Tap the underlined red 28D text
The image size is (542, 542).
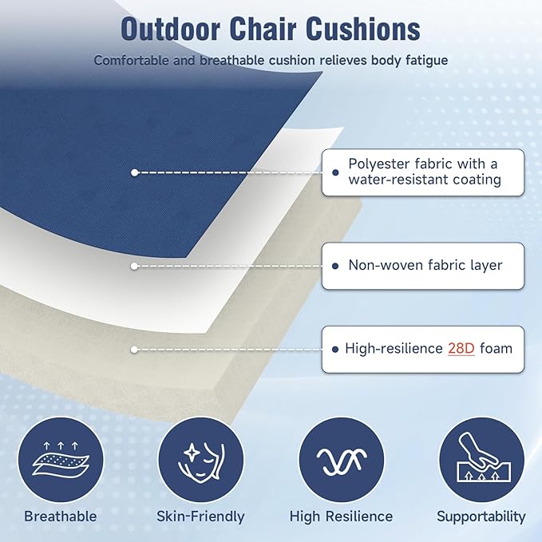pos(461,348)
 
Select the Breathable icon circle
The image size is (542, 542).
pos(61,460)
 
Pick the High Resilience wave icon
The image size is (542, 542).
pos(341,460)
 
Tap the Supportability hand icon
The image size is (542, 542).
pos(481,460)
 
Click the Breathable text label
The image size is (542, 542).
pos(61,516)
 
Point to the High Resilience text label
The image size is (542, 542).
pos(341,516)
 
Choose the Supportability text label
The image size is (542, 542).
pos(481,516)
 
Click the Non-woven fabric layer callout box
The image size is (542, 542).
pos(423,265)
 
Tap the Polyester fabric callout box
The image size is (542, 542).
pos(423,172)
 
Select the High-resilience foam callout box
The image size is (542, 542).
pos(423,349)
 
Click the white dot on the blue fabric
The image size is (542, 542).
pos(134,172)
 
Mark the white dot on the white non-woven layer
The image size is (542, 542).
pos(134,265)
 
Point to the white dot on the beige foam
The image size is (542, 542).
pos(134,349)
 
